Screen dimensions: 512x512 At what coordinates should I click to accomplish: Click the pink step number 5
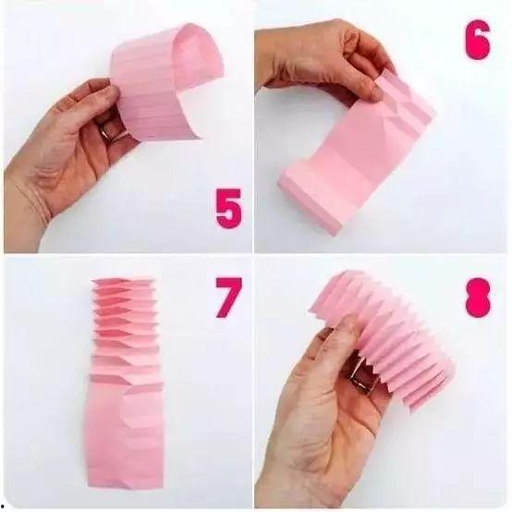point(229,208)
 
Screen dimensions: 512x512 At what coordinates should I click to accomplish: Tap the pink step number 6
point(478,40)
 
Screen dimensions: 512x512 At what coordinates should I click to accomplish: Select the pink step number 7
point(228,298)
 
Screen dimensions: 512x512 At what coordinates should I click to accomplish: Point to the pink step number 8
point(479,298)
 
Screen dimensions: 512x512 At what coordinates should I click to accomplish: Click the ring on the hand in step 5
point(106,132)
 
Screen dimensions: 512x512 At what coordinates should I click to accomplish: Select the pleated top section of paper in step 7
point(126,330)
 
